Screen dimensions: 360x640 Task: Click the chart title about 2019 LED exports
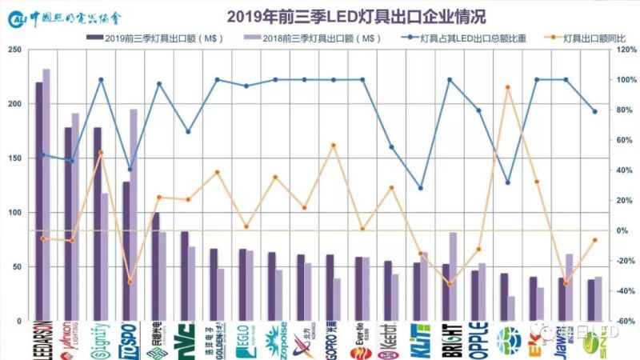tap(356, 16)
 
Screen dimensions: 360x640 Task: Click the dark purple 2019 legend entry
tap(152, 38)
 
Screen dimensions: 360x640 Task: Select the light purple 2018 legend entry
tap(308, 38)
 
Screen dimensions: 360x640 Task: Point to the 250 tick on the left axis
tap(14, 50)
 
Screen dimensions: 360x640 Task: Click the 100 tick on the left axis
tap(14, 213)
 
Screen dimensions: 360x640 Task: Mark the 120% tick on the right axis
tap(624, 50)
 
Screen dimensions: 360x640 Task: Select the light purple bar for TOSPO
tap(134, 214)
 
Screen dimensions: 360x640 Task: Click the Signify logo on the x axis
tap(100, 340)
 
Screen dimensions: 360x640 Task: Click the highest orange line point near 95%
tap(507, 87)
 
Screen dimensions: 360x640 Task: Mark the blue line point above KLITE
tap(421, 188)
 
